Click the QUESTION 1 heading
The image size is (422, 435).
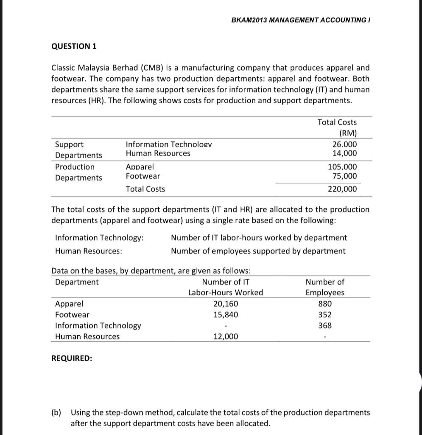[x=74, y=47]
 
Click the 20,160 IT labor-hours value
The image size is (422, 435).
[x=225, y=304]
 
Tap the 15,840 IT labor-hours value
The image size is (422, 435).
[x=225, y=315]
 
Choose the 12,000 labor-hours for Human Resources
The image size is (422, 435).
[x=225, y=336]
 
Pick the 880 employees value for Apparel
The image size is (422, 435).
[x=325, y=304]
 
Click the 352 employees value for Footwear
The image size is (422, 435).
[x=325, y=315]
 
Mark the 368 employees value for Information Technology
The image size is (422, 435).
[x=325, y=326]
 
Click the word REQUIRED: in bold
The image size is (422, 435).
[x=72, y=358]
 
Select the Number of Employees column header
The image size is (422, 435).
[x=325, y=287]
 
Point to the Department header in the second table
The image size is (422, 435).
[x=77, y=282]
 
